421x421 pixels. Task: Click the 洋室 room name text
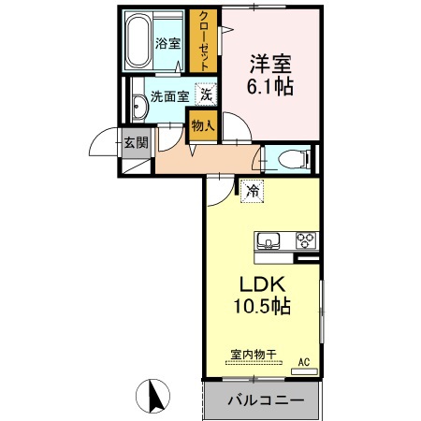tap(269, 65)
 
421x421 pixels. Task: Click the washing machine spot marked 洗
tap(207, 93)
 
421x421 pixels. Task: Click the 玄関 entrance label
tap(134, 142)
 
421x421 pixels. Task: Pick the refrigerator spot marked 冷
tap(252, 191)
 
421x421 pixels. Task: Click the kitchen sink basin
tap(268, 240)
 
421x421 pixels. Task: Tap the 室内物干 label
tap(253, 355)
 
